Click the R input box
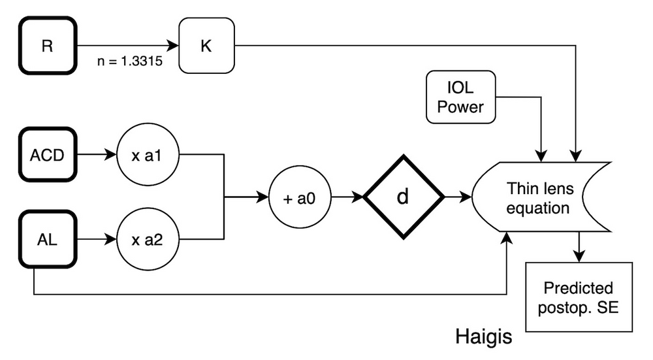point(48,46)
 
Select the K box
point(206,46)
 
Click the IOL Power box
point(460,97)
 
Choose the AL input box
point(48,240)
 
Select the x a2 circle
point(148,240)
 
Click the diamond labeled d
point(404,197)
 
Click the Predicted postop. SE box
point(579,297)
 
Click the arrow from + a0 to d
point(347,197)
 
